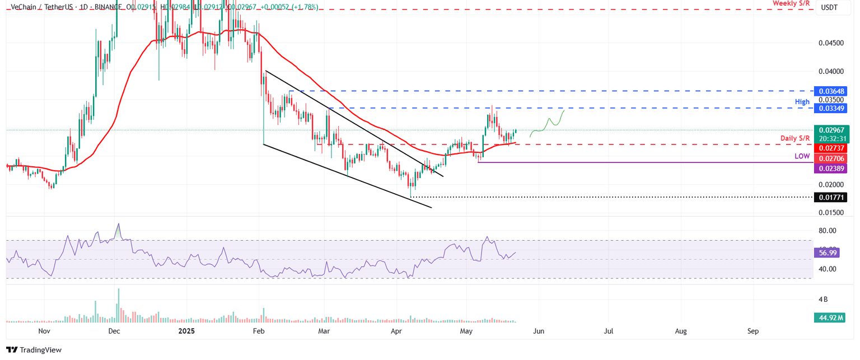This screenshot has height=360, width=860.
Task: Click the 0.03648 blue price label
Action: [832, 91]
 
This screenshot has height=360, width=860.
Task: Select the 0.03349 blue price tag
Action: [832, 108]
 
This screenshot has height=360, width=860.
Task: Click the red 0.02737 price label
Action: [832, 148]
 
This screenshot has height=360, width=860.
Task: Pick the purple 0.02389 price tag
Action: [832, 168]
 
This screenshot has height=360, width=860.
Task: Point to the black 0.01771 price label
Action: [832, 197]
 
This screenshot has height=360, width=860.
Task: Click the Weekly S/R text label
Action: [791, 3]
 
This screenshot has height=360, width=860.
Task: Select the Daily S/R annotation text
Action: [795, 138]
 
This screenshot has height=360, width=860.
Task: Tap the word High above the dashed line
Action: [802, 101]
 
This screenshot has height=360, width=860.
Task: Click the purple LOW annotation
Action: [802, 156]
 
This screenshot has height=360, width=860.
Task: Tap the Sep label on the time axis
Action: [753, 331]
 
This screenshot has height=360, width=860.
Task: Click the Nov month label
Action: [44, 331]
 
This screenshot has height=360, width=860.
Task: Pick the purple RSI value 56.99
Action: [826, 253]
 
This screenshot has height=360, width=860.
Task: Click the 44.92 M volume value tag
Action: [830, 317]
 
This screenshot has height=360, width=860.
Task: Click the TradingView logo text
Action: [40, 350]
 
